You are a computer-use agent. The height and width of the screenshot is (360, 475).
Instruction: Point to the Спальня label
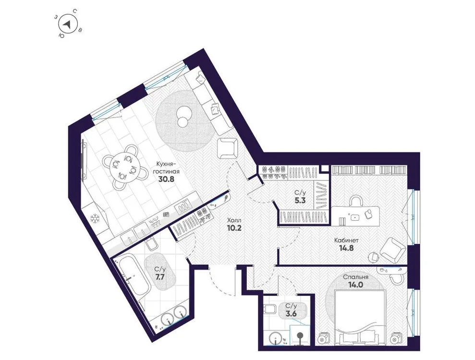pos(355,277)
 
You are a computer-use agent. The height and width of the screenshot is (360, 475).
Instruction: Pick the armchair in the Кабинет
pos(393,250)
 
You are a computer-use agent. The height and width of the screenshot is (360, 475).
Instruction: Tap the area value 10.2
pos(234,228)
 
